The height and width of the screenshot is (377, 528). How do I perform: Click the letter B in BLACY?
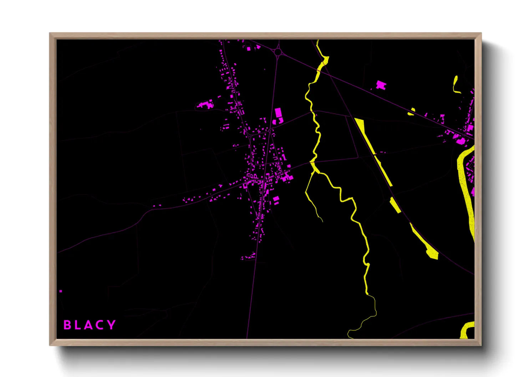[67, 325]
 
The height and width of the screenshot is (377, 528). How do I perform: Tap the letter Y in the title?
[112, 325]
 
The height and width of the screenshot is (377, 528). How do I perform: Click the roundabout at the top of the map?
[278, 53]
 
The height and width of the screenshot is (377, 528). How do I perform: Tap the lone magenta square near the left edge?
[61, 291]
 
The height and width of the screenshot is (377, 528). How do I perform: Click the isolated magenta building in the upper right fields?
[381, 85]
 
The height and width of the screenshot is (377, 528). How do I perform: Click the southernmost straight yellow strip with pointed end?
[425, 242]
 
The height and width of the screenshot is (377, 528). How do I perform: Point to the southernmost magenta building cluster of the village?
[249, 256]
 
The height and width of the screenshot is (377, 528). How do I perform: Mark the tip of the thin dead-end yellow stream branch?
[322, 221]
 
